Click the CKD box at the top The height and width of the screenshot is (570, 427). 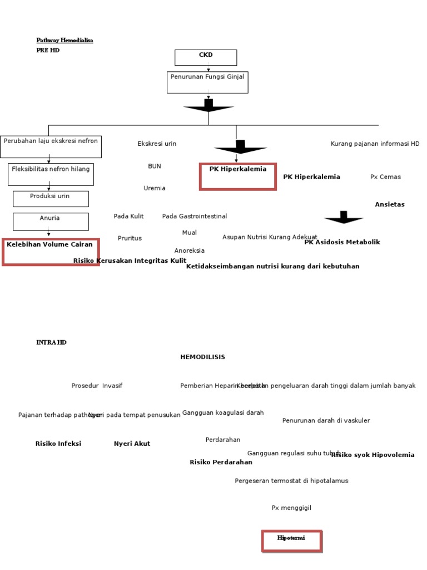pos(206,57)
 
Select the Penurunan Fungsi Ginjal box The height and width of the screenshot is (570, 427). pos(207,82)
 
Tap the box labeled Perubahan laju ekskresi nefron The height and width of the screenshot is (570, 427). pos(51,146)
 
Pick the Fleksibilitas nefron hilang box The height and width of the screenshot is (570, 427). pos(51,174)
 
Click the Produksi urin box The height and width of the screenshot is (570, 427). pos(51,199)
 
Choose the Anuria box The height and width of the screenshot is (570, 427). pos(51,221)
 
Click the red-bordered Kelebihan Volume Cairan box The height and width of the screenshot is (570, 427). pos(51,252)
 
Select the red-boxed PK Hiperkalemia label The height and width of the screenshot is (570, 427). pos(238,176)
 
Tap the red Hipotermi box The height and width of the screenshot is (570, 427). pos(292,541)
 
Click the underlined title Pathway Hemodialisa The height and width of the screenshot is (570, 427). pos(64,40)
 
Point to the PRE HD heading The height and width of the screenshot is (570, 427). pos(48,50)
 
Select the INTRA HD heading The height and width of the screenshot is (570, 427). pos(51,342)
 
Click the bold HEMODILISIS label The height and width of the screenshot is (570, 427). pos(202,357)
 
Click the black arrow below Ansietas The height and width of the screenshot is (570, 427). pos(344,218)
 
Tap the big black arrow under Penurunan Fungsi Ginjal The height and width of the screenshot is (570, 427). pos(208,106)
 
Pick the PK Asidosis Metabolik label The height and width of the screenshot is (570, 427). pos(342,242)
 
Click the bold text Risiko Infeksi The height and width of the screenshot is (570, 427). pos(58,444)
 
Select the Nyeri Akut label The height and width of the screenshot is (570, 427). pos(132,444)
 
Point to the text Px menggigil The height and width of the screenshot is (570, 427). pos(291,508)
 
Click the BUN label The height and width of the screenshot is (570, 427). pos(155,166)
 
